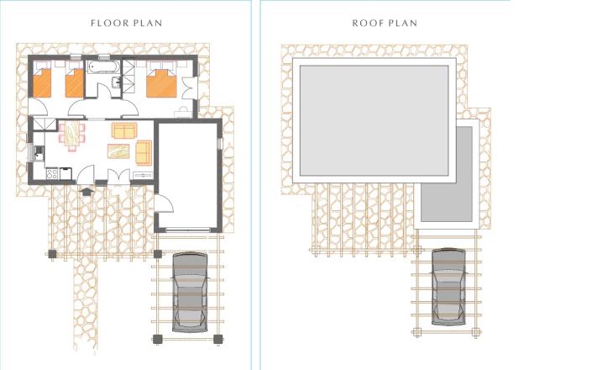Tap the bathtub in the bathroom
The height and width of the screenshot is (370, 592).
click(x=103, y=67)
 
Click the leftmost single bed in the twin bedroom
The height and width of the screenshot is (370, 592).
click(x=42, y=82)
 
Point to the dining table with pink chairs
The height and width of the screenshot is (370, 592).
click(x=71, y=135)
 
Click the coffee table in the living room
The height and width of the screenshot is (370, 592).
click(x=118, y=151)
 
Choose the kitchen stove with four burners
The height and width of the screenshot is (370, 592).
click(x=52, y=173)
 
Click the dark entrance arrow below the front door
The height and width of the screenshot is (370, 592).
click(x=86, y=191)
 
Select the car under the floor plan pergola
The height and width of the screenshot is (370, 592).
click(x=190, y=292)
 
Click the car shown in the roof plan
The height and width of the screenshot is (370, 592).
click(x=448, y=286)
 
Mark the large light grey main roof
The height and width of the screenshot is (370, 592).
click(x=375, y=120)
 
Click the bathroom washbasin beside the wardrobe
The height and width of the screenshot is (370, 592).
click(x=117, y=82)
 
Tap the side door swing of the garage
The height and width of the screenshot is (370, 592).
click(x=164, y=204)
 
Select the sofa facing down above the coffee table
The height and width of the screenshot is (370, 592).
click(x=124, y=130)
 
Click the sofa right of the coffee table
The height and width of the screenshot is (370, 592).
click(x=144, y=153)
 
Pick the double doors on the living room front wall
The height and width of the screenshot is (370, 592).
click(x=119, y=177)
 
